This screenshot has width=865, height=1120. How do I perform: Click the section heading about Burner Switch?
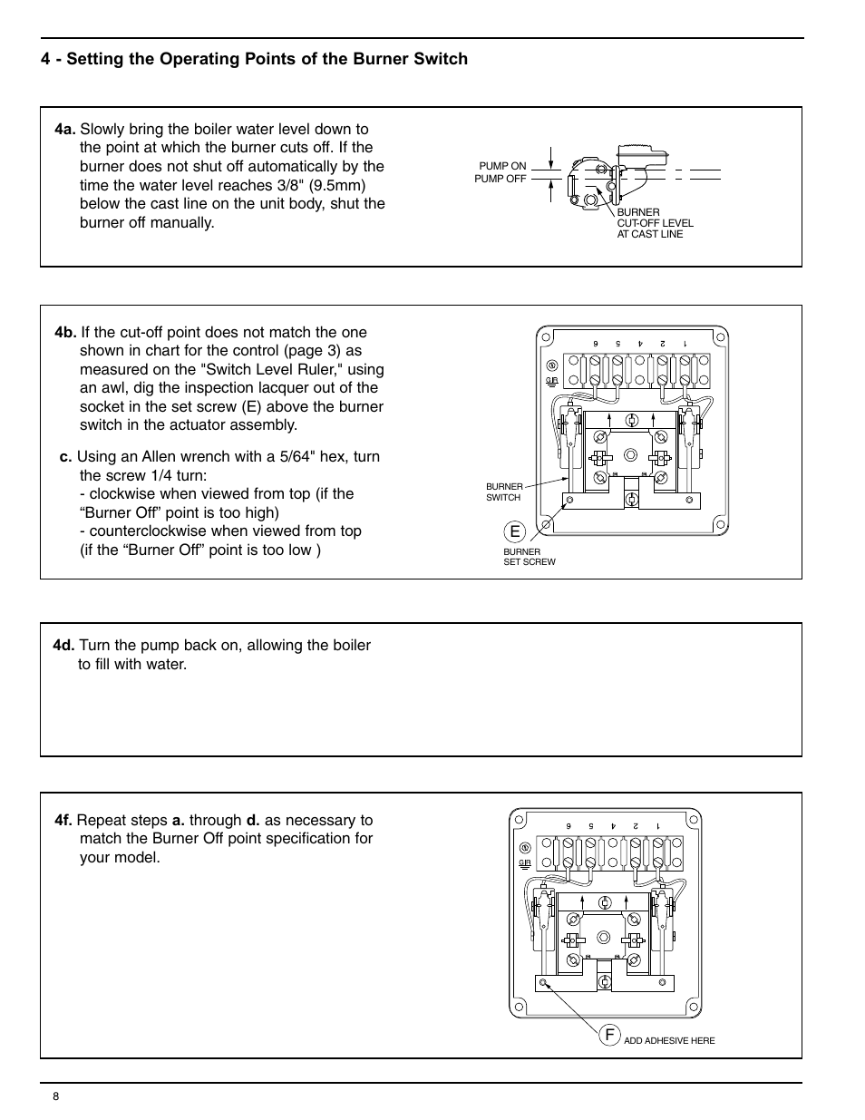click(254, 59)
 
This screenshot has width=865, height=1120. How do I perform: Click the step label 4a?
click(64, 129)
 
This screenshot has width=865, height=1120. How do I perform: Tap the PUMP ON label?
click(502, 166)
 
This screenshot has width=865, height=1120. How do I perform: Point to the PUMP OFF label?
click(501, 179)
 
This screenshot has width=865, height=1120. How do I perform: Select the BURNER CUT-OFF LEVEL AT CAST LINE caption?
click(655, 223)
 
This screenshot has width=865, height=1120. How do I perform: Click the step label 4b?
click(64, 332)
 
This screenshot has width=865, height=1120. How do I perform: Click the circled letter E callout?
click(515, 531)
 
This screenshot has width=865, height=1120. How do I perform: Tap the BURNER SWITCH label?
click(503, 492)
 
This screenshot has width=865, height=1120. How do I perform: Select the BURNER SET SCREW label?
click(529, 557)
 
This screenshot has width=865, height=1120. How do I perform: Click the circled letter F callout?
click(609, 1035)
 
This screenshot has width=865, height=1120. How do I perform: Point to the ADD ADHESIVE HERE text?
click(669, 1040)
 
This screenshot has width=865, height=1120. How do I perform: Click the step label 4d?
click(63, 645)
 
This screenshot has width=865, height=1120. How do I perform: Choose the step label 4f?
click(63, 820)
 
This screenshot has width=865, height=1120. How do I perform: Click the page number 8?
click(56, 1096)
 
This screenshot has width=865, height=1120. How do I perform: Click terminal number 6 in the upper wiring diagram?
click(596, 344)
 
